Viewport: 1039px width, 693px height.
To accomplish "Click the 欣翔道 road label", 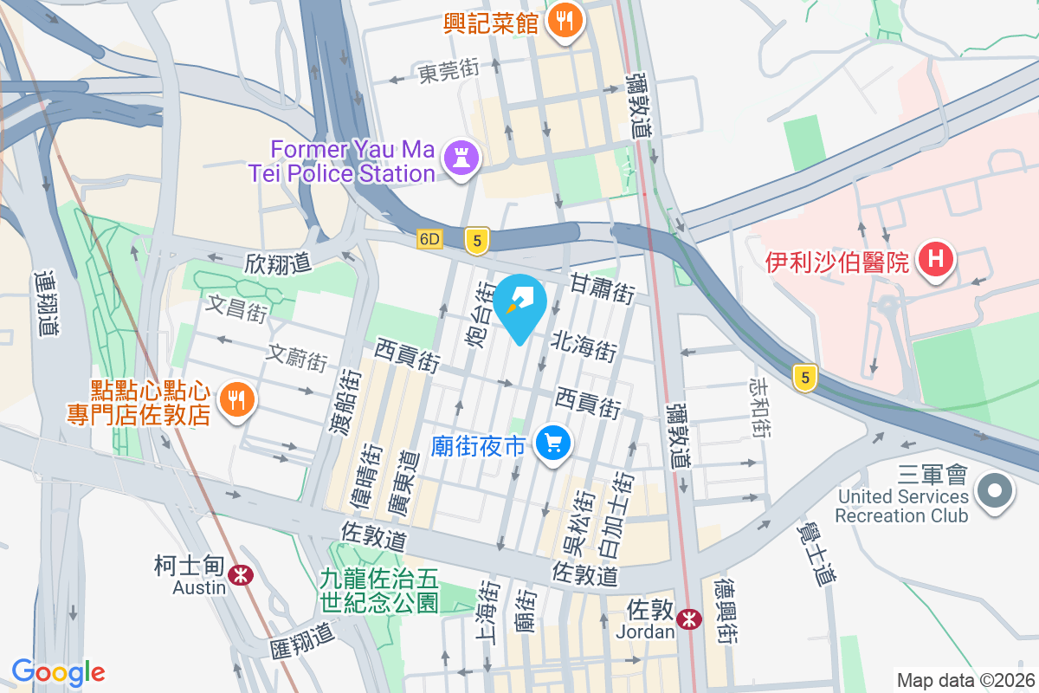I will (x=277, y=262).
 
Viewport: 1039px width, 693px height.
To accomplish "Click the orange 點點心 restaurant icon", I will (x=236, y=400).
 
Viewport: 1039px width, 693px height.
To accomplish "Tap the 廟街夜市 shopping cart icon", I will (x=552, y=444).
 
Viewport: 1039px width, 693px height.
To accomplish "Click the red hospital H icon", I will (x=936, y=259).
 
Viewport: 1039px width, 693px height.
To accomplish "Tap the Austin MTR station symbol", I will (x=240, y=573).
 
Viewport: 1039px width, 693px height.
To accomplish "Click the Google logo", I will (x=58, y=671).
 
